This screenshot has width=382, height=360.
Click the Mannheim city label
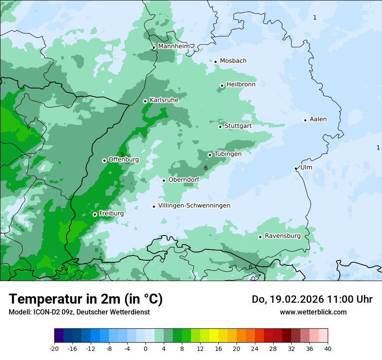tap(173, 46)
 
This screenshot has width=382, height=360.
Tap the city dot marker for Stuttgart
tap(220, 127)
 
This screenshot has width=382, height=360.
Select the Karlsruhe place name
tap(164, 100)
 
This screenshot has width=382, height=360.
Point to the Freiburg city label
tap(111, 213)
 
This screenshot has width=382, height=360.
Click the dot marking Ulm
tap(296, 168)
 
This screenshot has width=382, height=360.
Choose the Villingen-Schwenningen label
tap(194, 206)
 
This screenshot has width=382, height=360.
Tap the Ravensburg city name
tap(282, 236)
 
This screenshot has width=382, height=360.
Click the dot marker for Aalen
tap(305, 120)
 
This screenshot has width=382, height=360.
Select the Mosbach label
tap(233, 61)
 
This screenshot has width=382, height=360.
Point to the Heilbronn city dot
tap(222, 85)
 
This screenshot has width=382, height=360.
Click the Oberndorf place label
tap(184, 180)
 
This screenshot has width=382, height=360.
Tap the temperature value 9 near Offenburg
tap(122, 154)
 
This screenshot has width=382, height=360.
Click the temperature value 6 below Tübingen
tap(206, 167)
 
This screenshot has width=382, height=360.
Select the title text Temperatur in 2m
tap(86, 299)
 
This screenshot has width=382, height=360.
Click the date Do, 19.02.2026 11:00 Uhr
tap(312, 299)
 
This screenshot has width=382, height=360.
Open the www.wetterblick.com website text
tap(313, 312)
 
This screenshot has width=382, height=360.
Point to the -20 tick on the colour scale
tap(54, 348)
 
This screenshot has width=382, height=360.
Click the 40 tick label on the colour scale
tap(327, 348)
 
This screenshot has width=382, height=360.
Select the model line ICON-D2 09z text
tap(79, 312)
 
